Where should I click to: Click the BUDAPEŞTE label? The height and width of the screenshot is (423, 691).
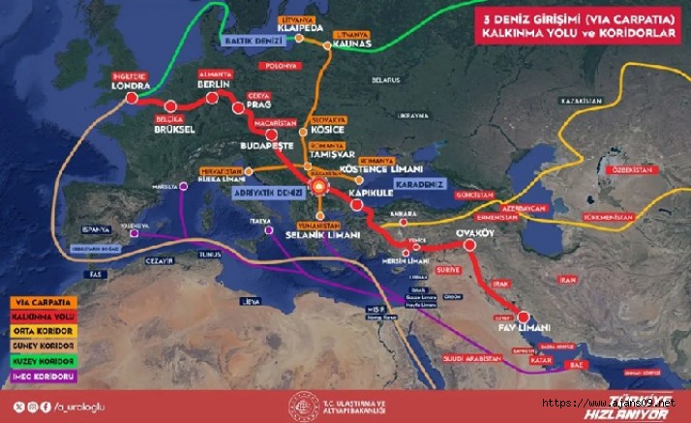pyautogui.click(x=266, y=145)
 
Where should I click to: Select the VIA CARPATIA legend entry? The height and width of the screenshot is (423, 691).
pyautogui.click(x=37, y=301)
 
